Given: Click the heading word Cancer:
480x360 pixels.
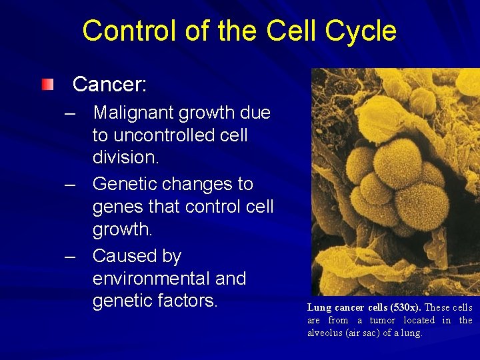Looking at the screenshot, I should click(x=109, y=85).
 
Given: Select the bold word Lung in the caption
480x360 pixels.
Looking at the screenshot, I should click(x=318, y=308).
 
